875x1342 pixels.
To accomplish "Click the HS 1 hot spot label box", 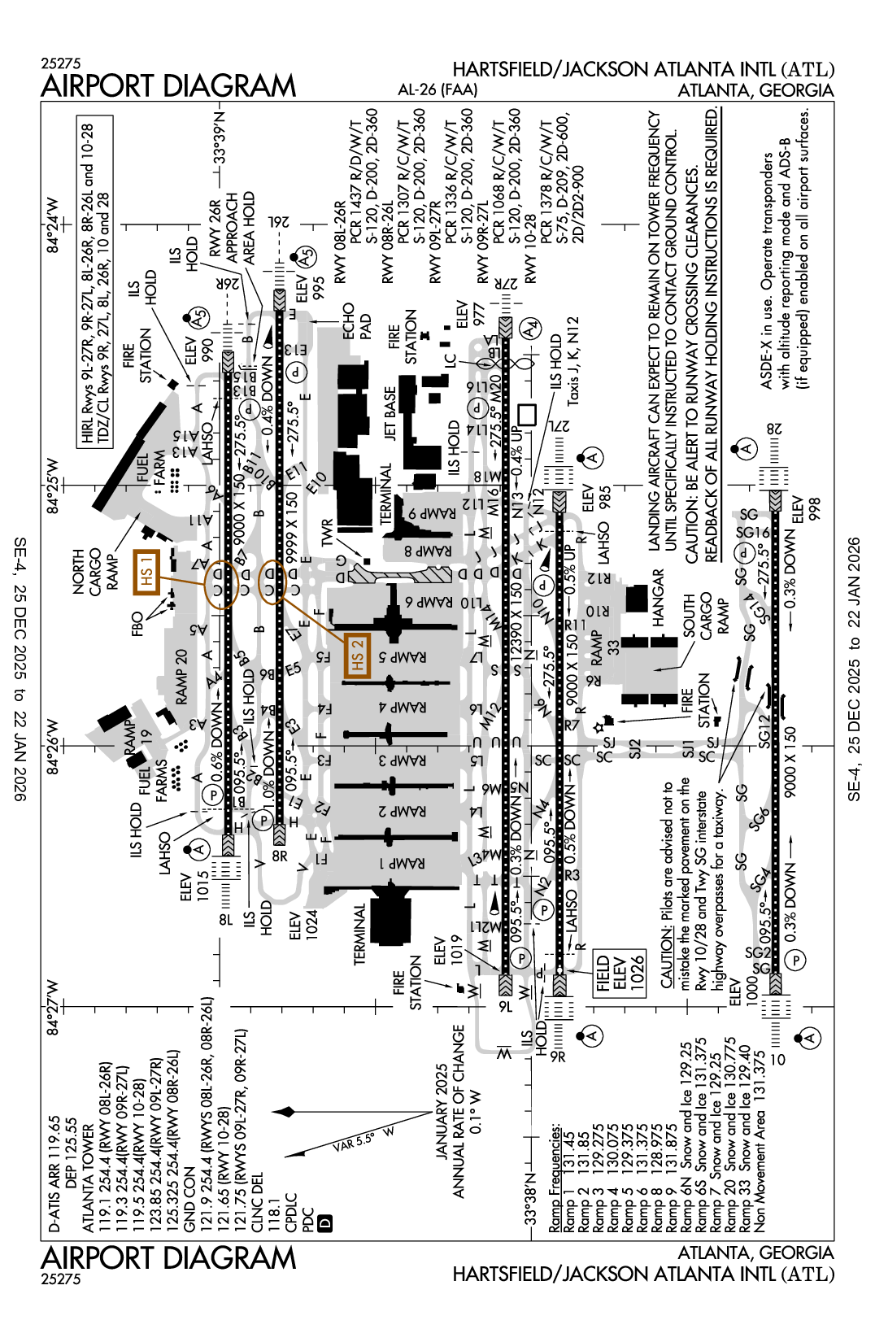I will tap(146, 572).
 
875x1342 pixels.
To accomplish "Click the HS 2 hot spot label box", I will tap(357, 656).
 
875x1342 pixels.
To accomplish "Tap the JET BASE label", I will tap(390, 414).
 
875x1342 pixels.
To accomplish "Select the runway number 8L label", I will tap(225, 920).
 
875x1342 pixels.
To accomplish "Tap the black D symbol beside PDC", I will tap(325, 1222).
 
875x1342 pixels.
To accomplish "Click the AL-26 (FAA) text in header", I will tap(437, 89).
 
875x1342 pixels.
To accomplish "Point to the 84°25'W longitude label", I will tap(52, 486).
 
